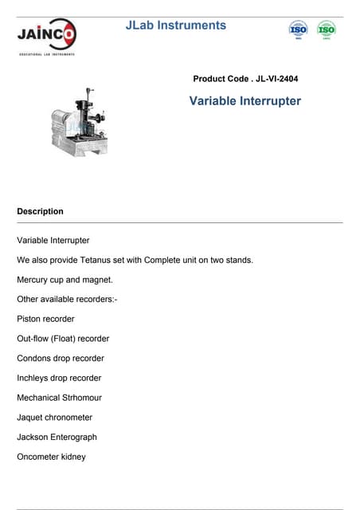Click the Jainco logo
(47, 36)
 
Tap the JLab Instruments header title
(176, 25)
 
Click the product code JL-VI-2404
(246, 79)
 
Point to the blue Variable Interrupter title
(245, 101)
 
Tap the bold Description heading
(40, 211)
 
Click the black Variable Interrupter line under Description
(53, 240)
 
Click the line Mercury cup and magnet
(65, 280)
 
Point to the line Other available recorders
(67, 300)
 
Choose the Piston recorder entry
(45, 319)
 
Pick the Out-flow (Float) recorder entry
(63, 339)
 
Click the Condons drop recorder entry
(61, 359)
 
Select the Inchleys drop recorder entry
(59, 378)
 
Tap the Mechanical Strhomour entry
(59, 398)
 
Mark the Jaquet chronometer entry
(54, 418)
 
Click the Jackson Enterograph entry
(57, 437)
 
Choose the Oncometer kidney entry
(51, 457)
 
